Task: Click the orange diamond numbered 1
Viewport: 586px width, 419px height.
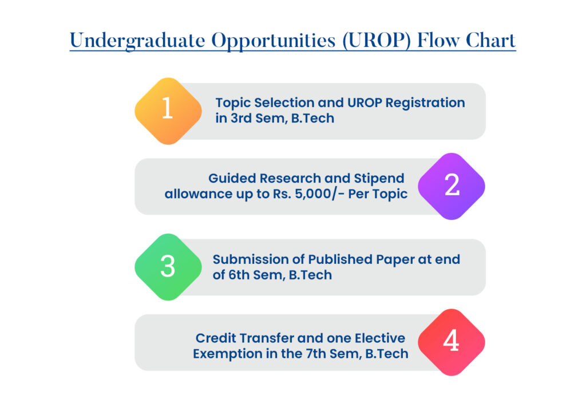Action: click(x=168, y=111)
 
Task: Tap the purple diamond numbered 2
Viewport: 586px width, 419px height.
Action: click(x=452, y=186)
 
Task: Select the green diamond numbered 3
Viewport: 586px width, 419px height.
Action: click(x=168, y=267)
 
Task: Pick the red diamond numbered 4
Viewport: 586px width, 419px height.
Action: click(x=452, y=342)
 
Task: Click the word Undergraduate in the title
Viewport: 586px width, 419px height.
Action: click(x=137, y=41)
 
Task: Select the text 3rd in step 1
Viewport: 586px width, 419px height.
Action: click(x=241, y=118)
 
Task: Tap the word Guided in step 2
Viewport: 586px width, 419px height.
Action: click(x=232, y=178)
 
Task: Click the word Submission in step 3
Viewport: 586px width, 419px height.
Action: click(x=258, y=259)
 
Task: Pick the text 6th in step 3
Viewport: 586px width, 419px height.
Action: click(x=239, y=275)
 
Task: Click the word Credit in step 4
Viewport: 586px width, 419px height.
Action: click(x=216, y=338)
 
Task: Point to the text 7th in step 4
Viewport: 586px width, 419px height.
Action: click(x=316, y=354)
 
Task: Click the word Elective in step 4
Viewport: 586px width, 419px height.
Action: click(x=380, y=338)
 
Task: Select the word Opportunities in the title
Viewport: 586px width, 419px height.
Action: click(x=274, y=41)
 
